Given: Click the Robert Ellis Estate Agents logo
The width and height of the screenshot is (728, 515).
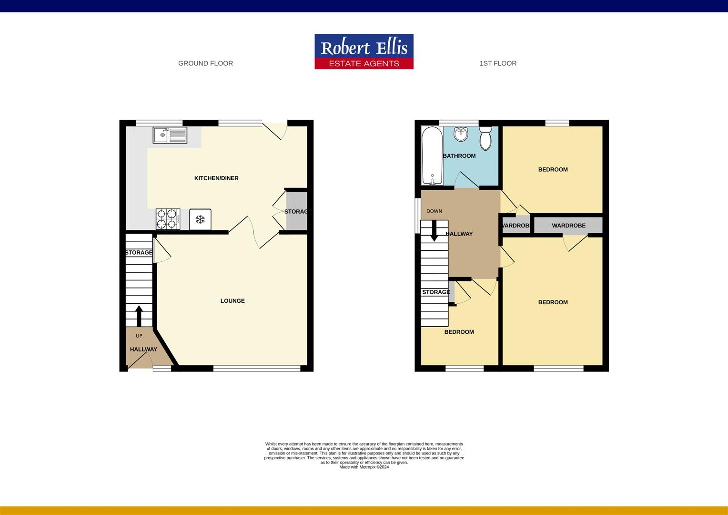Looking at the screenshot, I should point(364,51).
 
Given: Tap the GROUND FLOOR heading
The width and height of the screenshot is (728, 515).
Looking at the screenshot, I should point(205,63).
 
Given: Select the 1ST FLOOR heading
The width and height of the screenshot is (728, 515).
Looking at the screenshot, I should point(498,63).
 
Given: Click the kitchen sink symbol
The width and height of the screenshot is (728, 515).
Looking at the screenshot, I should point(170,135).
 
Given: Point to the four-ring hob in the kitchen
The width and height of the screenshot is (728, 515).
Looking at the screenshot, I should point(168,219).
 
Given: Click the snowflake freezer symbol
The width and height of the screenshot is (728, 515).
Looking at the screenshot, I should point(200,219).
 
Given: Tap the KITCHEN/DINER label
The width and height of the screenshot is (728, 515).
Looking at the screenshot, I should point(216,178).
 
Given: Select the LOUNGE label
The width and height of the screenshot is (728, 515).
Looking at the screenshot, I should point(233,301).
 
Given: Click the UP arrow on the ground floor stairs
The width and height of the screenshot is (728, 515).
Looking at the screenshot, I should point(139,315).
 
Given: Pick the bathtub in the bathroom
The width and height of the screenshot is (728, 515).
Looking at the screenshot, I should point(432,155).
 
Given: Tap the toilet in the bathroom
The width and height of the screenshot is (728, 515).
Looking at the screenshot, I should point(485,138).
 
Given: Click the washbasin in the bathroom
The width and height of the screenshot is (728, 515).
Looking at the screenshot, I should point(461,134).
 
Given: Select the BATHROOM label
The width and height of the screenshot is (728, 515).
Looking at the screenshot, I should point(459,156).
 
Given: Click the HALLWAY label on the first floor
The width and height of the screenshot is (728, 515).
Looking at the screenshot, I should point(459,234).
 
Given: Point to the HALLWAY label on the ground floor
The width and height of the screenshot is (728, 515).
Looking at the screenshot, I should point(143,350).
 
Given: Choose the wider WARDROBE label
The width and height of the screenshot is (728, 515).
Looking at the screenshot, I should point(568,226).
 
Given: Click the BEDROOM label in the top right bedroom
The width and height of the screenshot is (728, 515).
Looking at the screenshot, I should point(553,170).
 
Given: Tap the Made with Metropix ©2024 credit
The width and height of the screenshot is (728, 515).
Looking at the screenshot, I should point(364,467).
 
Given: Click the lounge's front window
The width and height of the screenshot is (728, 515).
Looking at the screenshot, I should point(257,368).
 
